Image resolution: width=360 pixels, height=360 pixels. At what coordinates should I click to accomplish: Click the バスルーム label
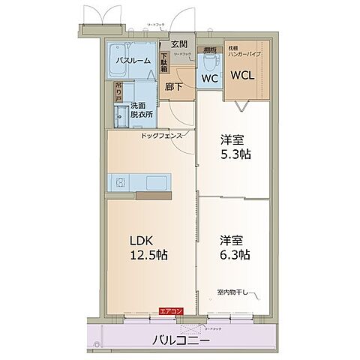coord(133,60)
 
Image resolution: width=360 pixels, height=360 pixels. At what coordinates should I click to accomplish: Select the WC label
coord(208,76)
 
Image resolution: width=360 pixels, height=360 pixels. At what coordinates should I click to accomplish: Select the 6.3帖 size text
coord(235,254)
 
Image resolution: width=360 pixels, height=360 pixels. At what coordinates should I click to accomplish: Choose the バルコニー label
coord(181,339)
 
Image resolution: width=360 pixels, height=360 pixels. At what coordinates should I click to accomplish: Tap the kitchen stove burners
coord(120,182)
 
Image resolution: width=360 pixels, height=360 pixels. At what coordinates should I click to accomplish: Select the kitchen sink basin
coord(157,183)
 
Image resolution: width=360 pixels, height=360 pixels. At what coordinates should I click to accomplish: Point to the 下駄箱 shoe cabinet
coord(164,60)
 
